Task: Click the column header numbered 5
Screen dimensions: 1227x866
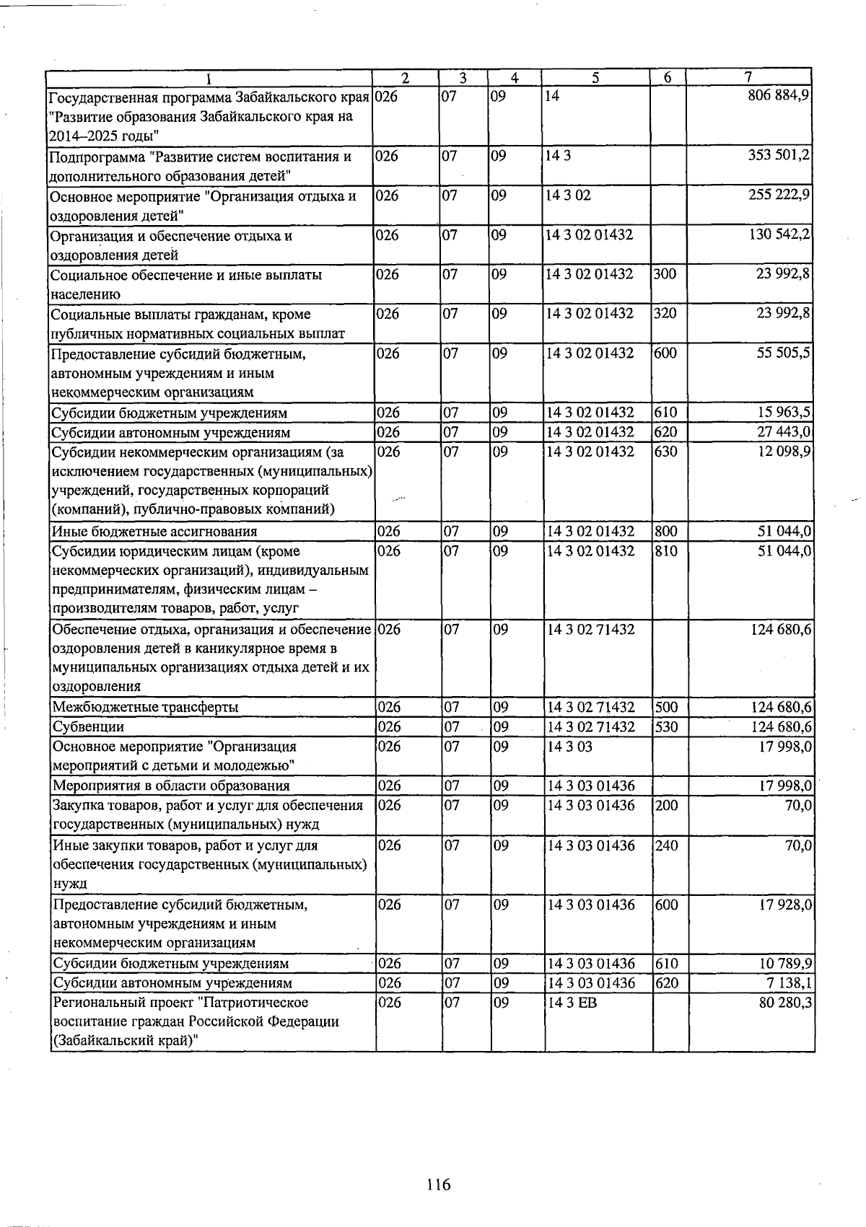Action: pos(596,77)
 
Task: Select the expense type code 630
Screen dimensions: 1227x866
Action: pos(667,452)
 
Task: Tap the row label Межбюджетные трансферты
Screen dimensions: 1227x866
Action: pos(145,707)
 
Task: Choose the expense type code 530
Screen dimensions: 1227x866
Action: pos(667,726)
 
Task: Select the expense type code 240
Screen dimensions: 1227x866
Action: pos(667,845)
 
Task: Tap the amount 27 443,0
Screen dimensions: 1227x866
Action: pos(784,432)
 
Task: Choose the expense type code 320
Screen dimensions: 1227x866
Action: pos(665,314)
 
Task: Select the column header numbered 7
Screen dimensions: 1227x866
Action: pos(748,77)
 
